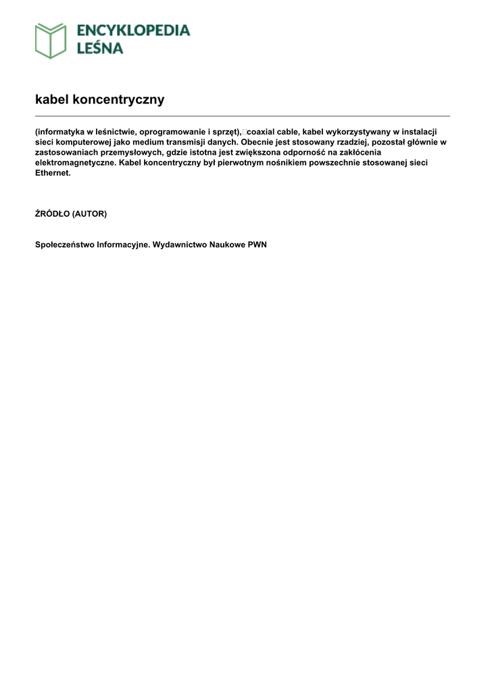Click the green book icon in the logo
tap(51, 41)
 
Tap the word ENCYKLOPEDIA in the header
tap(133, 30)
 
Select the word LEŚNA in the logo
tap(99, 48)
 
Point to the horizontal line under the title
tap(242, 116)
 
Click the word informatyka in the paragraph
tap(59, 132)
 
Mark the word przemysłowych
tap(134, 152)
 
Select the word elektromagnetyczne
tap(76, 163)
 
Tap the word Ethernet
tap(53, 173)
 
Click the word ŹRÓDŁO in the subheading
tap(52, 214)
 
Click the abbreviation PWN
tap(258, 245)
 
